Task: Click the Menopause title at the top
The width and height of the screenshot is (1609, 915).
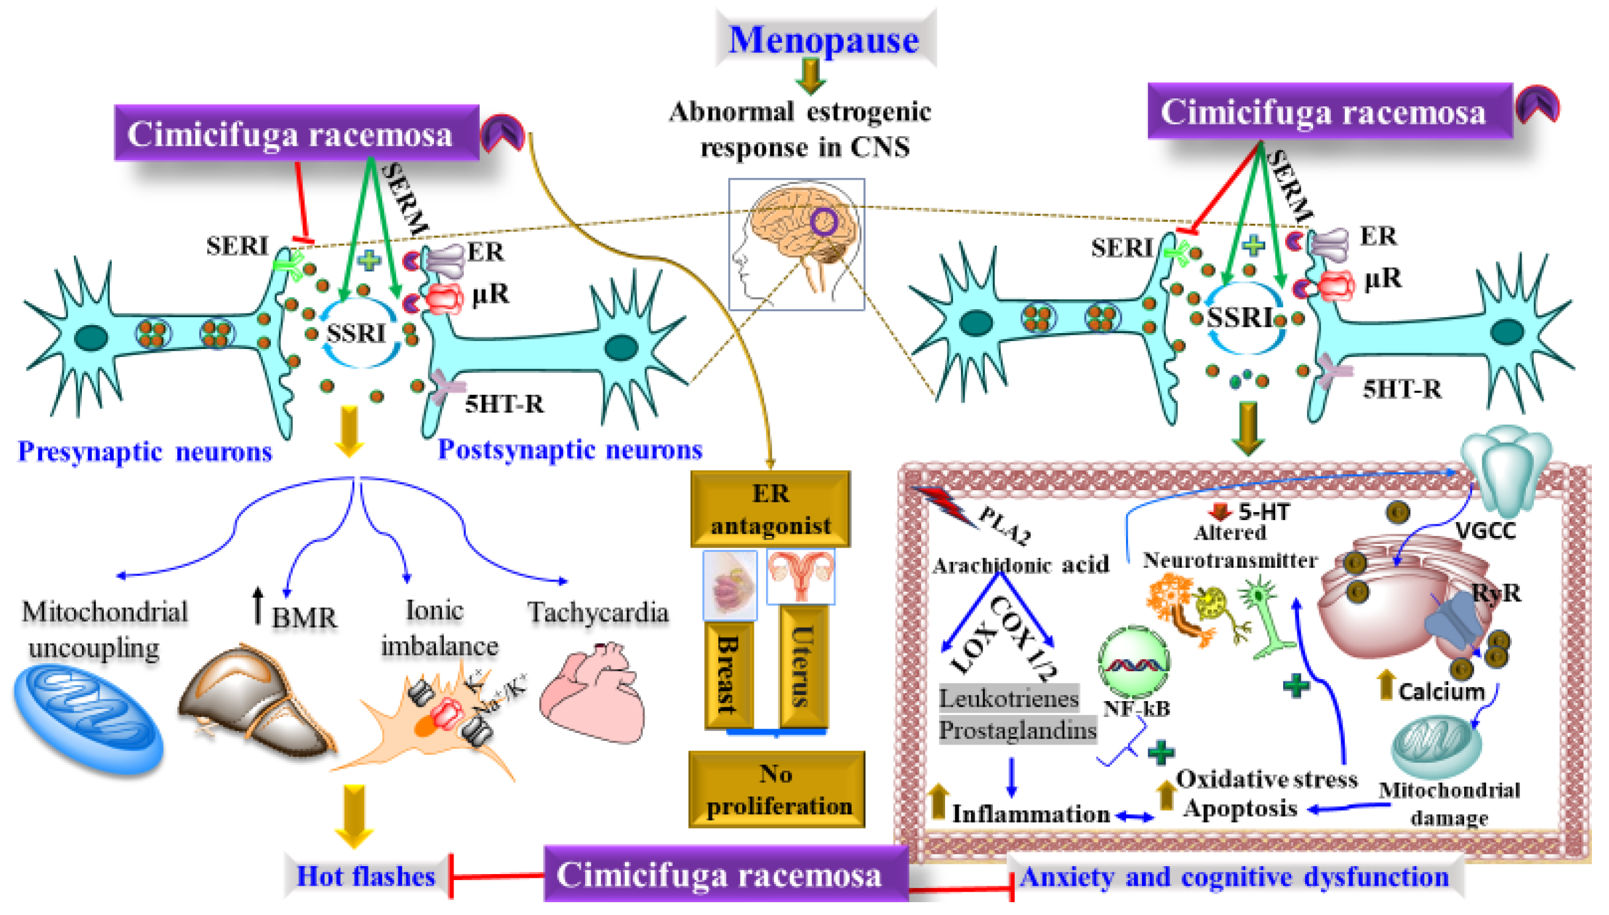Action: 823,39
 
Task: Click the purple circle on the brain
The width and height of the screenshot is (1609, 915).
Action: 823,221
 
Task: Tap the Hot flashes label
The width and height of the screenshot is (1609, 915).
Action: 365,876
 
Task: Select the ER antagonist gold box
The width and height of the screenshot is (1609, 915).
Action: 770,509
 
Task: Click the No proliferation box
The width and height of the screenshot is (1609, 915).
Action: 777,789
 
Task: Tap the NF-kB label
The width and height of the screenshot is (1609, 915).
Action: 1136,709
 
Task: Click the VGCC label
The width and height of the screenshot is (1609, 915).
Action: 1485,531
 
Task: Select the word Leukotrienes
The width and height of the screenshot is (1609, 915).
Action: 1008,698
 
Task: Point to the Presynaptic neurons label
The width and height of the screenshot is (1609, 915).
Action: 144,451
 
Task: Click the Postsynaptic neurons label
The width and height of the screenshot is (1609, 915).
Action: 569,449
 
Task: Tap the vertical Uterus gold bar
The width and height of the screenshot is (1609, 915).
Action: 803,666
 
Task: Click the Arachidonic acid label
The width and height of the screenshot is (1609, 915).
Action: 1020,565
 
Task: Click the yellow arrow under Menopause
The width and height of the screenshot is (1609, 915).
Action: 811,76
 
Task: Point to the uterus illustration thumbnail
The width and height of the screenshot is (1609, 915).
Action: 801,576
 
